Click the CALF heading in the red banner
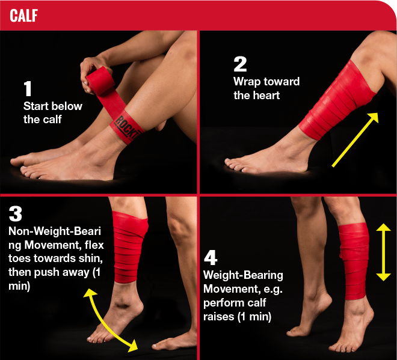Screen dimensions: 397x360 tap(24, 16)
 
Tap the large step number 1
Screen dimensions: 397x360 tap(27, 88)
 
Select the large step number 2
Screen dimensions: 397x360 tap(240, 64)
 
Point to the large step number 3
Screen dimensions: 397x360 tap(16, 214)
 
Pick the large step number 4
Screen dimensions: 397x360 tap(211, 257)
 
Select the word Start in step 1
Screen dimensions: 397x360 tap(35, 106)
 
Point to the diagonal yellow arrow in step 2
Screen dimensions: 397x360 tap(355, 139)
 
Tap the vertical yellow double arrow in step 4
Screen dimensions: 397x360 tap(384, 252)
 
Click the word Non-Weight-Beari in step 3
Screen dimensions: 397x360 tap(55, 231)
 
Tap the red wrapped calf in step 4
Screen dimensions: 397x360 tap(354, 261)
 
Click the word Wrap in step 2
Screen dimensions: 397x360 tap(247, 82)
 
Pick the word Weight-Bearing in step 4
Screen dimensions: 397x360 tap(244, 275)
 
